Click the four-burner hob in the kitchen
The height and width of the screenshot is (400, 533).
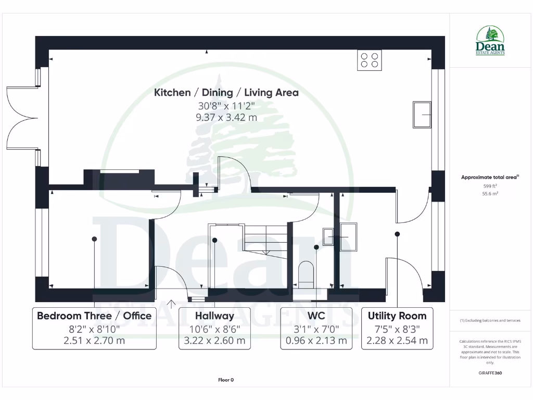(x=369, y=60)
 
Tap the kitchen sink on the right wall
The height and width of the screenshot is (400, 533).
(x=422, y=115)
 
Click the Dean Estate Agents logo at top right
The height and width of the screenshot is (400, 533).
(x=490, y=41)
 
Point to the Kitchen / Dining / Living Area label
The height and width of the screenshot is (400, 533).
(x=226, y=93)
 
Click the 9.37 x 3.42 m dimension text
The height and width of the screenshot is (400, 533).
(x=226, y=117)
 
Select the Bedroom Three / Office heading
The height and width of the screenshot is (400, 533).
(x=94, y=316)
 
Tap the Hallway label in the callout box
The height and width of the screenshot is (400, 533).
(x=214, y=316)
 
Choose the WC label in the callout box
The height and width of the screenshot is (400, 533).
(x=316, y=316)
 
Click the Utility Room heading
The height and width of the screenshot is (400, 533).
(x=397, y=316)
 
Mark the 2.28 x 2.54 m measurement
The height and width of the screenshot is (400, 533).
(x=397, y=341)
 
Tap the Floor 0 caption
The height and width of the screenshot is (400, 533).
(x=225, y=380)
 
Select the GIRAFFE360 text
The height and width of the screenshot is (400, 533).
(x=490, y=373)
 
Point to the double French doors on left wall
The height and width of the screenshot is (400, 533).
(x=21, y=118)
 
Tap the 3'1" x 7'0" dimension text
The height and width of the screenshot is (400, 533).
(x=316, y=329)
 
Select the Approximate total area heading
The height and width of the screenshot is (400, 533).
(x=489, y=178)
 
